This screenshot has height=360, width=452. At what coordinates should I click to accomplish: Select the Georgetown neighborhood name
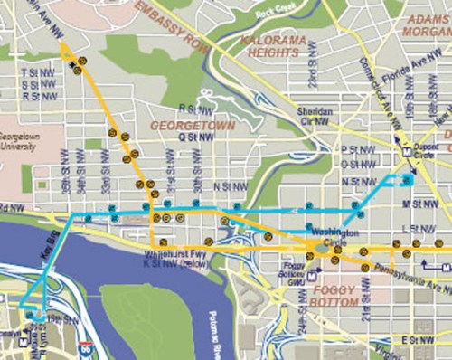193,124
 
